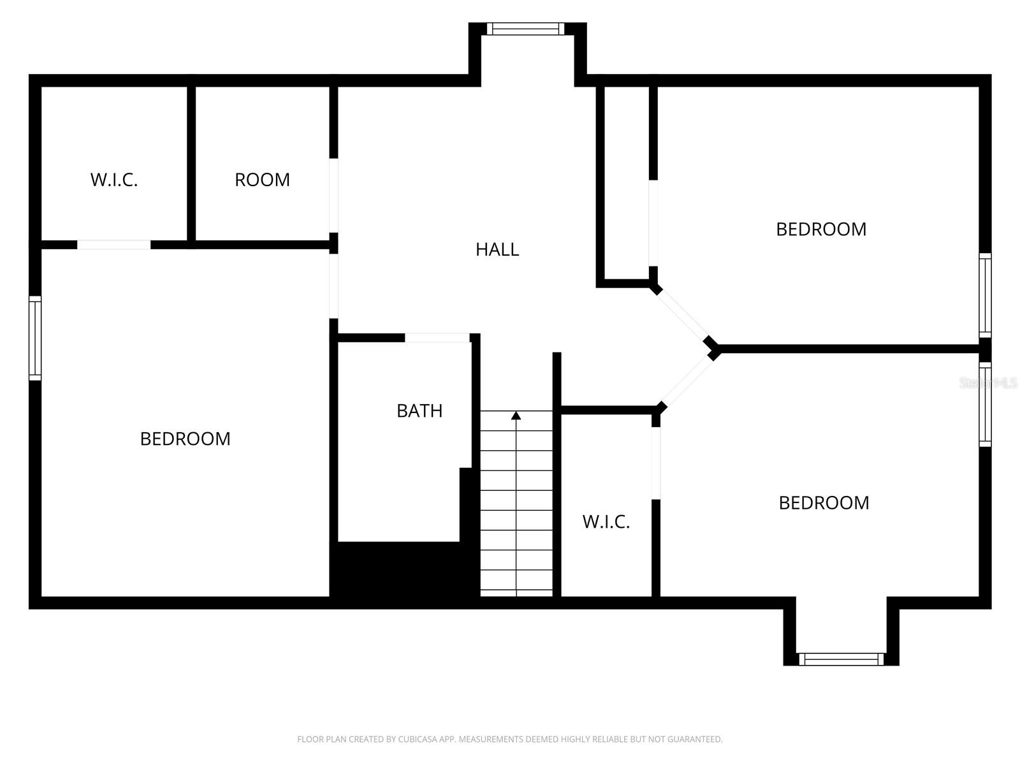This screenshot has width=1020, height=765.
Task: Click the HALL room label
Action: coord(497,249)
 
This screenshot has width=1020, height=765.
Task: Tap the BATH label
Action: coord(419,411)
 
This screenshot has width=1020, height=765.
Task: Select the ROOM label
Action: coord(262,180)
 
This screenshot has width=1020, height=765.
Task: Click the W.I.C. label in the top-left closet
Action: coord(114,180)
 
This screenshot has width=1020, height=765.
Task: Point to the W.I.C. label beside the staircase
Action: coord(606,522)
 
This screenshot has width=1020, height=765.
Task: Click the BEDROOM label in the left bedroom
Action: coord(185,439)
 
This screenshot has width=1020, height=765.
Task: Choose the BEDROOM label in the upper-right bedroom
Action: coord(821,229)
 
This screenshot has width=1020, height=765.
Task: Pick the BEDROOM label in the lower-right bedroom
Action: coord(824,503)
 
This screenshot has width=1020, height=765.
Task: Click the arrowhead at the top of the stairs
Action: coord(516,416)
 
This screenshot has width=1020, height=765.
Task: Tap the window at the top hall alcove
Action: coord(526,29)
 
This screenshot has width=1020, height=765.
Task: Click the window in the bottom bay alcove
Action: coord(841,659)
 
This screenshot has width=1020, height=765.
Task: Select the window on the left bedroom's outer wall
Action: coord(35,338)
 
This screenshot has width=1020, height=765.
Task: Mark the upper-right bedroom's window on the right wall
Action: coord(985,295)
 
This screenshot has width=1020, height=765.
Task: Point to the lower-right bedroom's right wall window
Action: coord(985,404)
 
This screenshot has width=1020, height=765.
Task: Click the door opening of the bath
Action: coord(437,337)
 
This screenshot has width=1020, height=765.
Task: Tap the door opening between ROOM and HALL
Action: coord(333,195)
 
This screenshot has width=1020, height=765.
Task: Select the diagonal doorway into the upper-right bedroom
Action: coord(683,316)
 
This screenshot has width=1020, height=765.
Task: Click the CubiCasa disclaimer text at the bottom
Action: coord(510,739)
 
